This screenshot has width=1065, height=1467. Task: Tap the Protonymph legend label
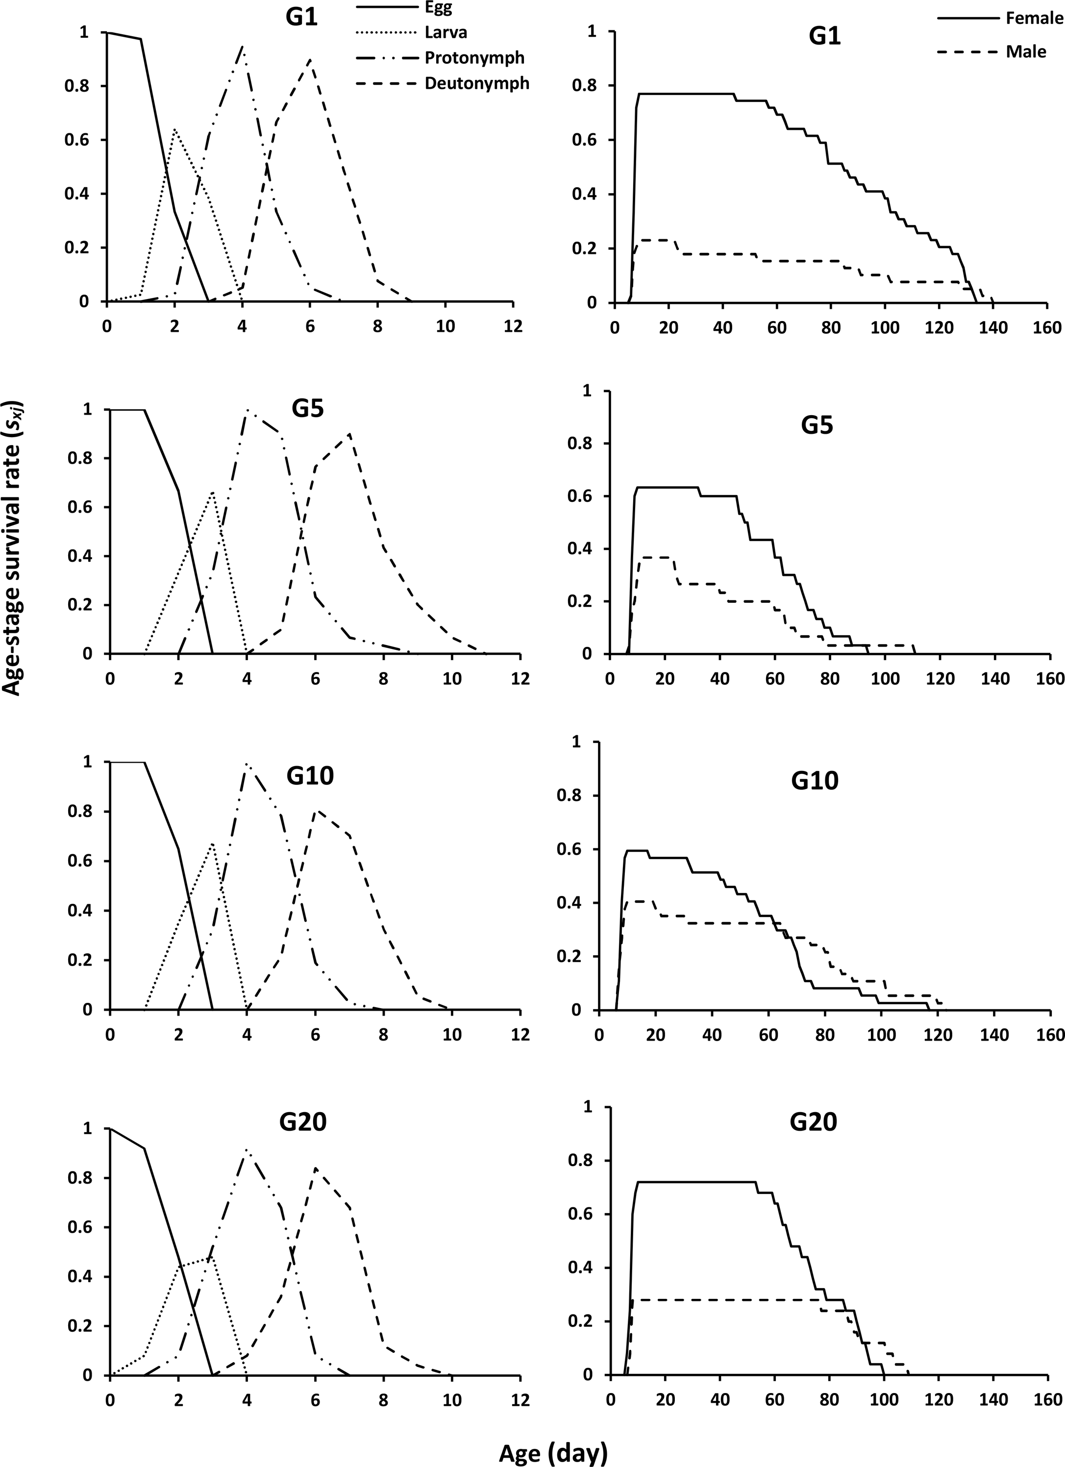[474, 57]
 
